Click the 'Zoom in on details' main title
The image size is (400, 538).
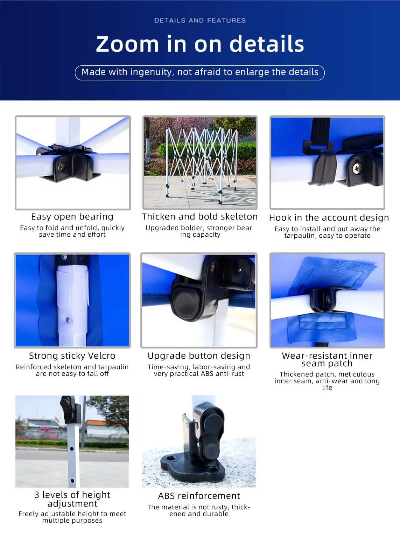click(x=200, y=44)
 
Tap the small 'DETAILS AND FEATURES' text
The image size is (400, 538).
click(x=200, y=20)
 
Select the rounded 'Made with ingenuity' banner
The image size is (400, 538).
click(x=199, y=72)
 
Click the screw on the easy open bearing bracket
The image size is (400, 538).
click(x=62, y=167)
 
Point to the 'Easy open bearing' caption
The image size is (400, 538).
click(x=72, y=216)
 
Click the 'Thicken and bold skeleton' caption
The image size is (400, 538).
click(x=199, y=216)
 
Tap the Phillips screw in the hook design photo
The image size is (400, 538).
click(x=357, y=167)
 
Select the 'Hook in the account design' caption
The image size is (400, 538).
click(x=329, y=217)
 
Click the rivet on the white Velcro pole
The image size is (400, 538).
click(x=68, y=320)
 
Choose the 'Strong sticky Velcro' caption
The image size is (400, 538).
click(x=72, y=356)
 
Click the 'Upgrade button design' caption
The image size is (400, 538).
click(x=199, y=356)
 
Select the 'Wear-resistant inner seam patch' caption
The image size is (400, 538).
click(x=327, y=359)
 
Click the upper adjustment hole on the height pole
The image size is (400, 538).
click(x=72, y=449)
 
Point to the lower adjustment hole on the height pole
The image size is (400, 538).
click(x=72, y=481)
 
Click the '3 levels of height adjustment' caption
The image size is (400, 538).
click(x=72, y=499)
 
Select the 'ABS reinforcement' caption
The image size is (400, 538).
click(x=199, y=496)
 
